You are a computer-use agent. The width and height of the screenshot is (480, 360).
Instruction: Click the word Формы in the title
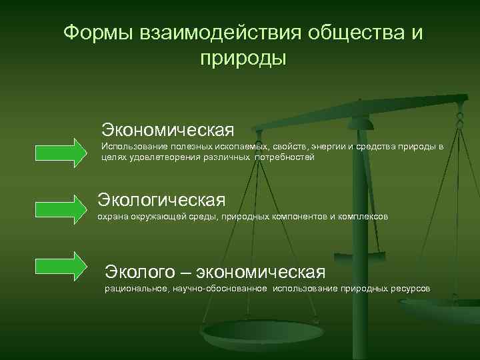click(x=98, y=33)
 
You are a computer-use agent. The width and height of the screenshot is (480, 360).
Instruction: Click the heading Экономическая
click(x=167, y=127)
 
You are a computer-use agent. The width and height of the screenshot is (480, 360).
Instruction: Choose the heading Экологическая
click(x=162, y=199)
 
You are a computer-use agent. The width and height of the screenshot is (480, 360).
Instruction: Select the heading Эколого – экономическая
click(x=215, y=272)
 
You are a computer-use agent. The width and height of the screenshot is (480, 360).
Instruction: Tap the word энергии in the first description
click(x=323, y=146)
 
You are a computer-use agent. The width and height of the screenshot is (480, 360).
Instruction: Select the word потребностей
click(x=284, y=157)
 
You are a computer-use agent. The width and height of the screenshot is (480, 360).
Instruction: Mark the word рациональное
click(x=135, y=289)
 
